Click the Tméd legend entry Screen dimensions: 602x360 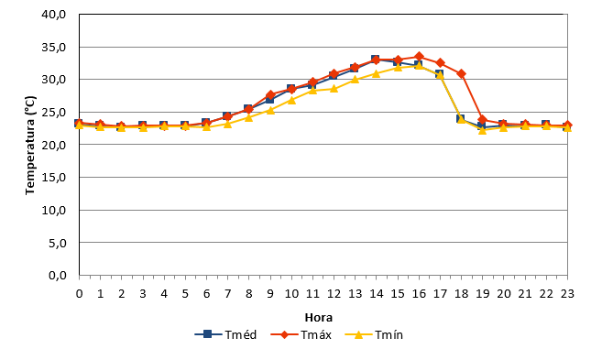(x=225, y=334)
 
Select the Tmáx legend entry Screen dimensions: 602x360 (x=301, y=334)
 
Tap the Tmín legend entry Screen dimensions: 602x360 (x=374, y=334)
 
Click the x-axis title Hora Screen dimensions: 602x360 (x=319, y=317)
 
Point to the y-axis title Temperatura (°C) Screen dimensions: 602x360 (x=30, y=145)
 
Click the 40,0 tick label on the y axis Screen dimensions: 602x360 (x=54, y=15)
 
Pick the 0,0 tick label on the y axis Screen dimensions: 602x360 (x=57, y=275)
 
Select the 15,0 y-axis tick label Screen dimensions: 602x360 (x=54, y=178)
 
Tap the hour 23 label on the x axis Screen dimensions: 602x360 (x=567, y=294)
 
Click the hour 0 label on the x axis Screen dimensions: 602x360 (x=79, y=294)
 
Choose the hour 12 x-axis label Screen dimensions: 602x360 (x=334, y=294)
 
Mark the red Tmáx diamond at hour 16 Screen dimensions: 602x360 (x=419, y=57)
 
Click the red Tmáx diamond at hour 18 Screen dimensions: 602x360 (x=462, y=73)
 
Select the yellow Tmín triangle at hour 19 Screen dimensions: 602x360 (x=483, y=130)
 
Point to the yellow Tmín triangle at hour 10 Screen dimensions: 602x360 (x=291, y=100)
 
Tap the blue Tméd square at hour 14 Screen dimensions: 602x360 (x=375, y=60)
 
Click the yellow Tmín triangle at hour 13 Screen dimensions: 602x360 (x=356, y=79)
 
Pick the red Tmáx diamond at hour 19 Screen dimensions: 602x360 (x=483, y=120)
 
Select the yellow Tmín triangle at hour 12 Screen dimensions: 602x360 (x=334, y=89)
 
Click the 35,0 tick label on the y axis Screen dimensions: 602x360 (x=54, y=48)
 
